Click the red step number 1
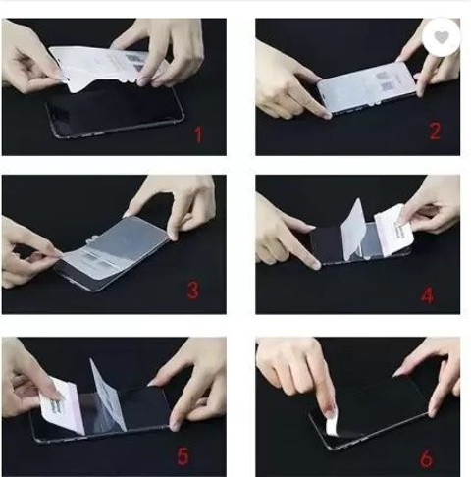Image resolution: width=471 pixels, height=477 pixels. click(198, 134)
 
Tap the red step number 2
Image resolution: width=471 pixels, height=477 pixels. click(435, 132)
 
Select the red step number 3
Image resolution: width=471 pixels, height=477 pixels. click(192, 291)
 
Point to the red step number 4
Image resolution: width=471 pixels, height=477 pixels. click(427, 296)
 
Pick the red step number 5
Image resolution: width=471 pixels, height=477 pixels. click(183, 455)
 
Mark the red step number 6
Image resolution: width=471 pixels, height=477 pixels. click(426, 458)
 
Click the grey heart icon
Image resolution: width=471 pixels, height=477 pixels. click(442, 37)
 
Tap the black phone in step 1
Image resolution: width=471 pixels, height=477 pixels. click(115, 111)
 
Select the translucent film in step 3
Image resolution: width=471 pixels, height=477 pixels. click(116, 247)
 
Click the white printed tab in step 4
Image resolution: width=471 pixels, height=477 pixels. click(393, 230)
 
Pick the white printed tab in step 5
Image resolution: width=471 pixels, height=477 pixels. click(62, 407)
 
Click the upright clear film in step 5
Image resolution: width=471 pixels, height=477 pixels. click(107, 396)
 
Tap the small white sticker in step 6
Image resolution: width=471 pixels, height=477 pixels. click(332, 425)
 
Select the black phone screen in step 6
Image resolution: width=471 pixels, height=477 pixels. click(371, 412)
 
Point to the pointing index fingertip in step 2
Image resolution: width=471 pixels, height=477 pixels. click(326, 114)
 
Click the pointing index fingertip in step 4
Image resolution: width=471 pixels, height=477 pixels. click(315, 264)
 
